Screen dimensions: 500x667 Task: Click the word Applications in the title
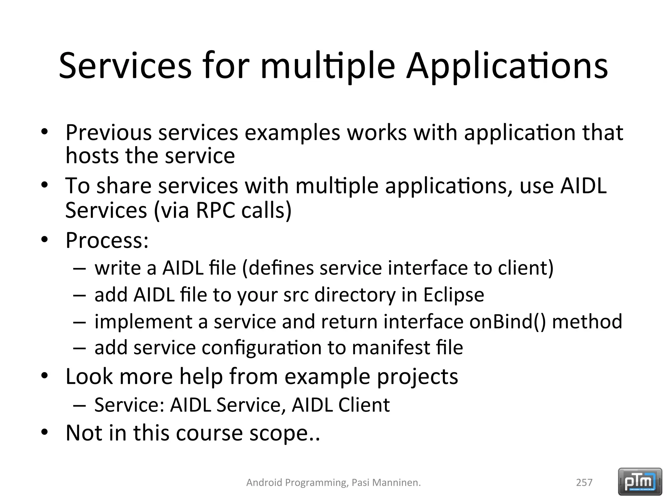507,67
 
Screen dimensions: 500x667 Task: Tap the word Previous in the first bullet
108,133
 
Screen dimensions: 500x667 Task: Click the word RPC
215,210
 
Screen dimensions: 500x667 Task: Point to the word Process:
107,240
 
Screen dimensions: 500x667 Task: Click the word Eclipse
453,295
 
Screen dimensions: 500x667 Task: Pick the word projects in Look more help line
417,377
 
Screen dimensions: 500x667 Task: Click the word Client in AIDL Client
364,405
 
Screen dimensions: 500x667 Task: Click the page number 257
584,482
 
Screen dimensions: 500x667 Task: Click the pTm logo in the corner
640,481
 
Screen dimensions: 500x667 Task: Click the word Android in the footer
264,482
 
